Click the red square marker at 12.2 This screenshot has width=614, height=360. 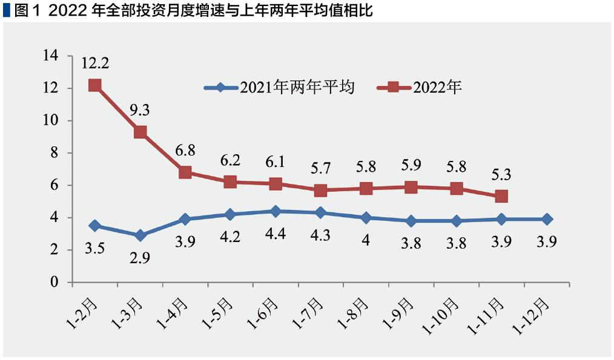(x=94, y=85)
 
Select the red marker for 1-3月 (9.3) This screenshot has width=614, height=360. (x=140, y=132)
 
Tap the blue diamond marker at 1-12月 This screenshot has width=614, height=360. (x=546, y=219)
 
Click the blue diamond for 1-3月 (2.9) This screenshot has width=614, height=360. (x=140, y=235)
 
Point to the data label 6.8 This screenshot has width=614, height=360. (x=185, y=149)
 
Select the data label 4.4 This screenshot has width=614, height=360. (x=276, y=235)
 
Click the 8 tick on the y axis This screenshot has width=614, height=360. (x=54, y=153)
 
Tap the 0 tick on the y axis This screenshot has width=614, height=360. (x=54, y=282)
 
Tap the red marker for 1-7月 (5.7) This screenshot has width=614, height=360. (x=321, y=190)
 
